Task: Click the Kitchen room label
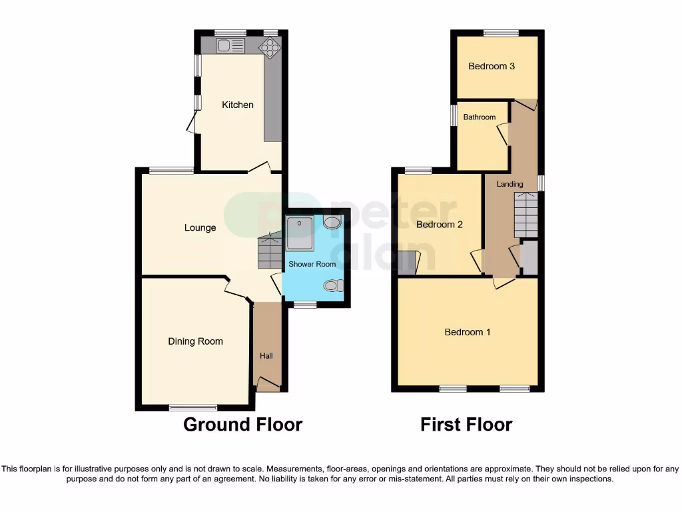(x=238, y=105)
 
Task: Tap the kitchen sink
(x=230, y=45)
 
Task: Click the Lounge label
(x=200, y=228)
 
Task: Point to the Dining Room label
(x=195, y=341)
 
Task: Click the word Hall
(x=266, y=356)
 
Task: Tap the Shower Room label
(x=312, y=264)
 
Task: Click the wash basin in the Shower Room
(x=332, y=222)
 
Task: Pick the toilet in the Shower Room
(x=332, y=285)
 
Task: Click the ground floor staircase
(x=270, y=251)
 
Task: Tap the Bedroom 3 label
(x=492, y=66)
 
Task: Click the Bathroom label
(x=480, y=117)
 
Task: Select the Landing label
(x=510, y=184)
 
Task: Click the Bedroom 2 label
(x=439, y=225)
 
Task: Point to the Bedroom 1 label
(x=468, y=332)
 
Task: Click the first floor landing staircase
(x=525, y=215)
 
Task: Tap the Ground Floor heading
(x=242, y=425)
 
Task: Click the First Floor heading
(x=466, y=425)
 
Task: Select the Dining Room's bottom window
(x=192, y=407)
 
